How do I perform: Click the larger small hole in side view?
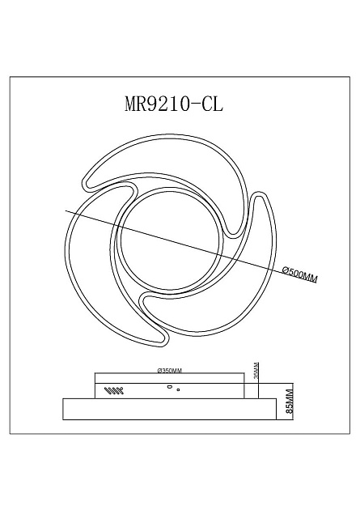click(170, 388)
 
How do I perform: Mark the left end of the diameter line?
click(66, 212)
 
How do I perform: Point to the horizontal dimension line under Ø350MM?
click(170, 374)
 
